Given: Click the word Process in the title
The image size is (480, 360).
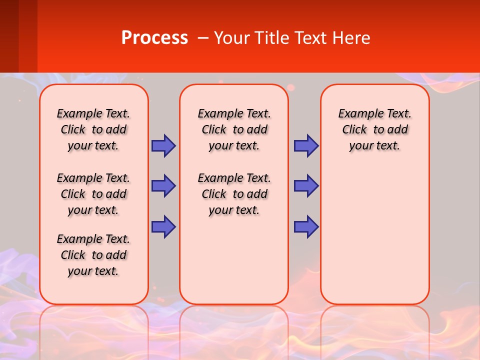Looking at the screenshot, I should point(154,38).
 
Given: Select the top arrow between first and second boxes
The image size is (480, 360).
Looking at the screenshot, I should point(163,145).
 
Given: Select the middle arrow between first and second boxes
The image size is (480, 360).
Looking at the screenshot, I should point(163,186).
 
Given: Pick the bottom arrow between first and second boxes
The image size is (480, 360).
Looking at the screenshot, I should point(163,226).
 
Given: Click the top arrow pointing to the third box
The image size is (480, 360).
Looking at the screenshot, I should point(306,145).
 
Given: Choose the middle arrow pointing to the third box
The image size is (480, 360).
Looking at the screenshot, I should point(306,186).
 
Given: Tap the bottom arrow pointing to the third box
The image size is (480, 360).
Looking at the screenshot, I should point(306,226).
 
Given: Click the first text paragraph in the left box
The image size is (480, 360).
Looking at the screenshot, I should point(93,129).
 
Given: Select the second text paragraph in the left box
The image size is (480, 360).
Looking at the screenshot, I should point(93,194).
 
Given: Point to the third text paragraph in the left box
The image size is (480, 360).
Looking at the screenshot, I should point(93,255).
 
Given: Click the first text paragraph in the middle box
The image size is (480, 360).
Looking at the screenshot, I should point(234,129).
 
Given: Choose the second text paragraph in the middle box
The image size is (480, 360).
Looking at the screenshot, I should point(234,194).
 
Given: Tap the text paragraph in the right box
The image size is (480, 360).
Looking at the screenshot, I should point(374,129).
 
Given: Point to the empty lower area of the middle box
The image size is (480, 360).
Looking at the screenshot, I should point(234,260).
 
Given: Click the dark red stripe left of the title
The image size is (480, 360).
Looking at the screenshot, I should point(9,36).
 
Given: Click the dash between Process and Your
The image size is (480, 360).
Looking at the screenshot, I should point(203,38).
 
